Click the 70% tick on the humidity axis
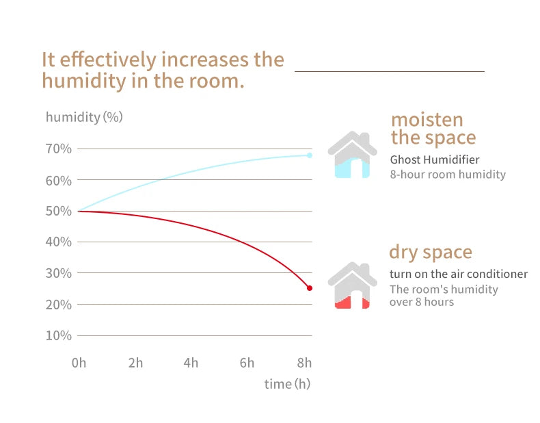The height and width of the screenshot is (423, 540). click(x=59, y=149)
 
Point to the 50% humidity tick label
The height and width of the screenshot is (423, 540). click(x=59, y=211)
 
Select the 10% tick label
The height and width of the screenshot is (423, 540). click(x=59, y=335)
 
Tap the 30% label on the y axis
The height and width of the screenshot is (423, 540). click(x=59, y=273)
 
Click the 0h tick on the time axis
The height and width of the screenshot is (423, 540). click(x=79, y=363)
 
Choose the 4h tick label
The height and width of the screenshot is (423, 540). click(x=191, y=363)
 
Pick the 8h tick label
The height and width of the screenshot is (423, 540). click(x=304, y=363)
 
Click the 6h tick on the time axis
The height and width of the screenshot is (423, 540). click(x=247, y=363)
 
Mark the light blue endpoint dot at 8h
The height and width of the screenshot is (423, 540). click(x=310, y=155)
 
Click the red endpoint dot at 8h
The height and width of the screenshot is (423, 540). click(x=310, y=288)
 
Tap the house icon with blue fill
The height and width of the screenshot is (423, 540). click(x=352, y=155)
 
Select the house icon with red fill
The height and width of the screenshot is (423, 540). click(x=352, y=285)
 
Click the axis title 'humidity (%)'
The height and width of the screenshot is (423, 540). click(x=84, y=117)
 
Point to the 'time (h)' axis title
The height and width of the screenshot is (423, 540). click(x=287, y=384)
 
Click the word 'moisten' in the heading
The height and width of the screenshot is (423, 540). click(x=427, y=120)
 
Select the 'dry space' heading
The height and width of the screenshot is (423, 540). click(x=431, y=252)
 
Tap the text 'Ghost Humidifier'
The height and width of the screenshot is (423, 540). click(x=435, y=159)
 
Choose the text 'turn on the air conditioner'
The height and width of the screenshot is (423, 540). click(x=459, y=274)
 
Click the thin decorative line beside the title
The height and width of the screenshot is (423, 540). click(x=389, y=70)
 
